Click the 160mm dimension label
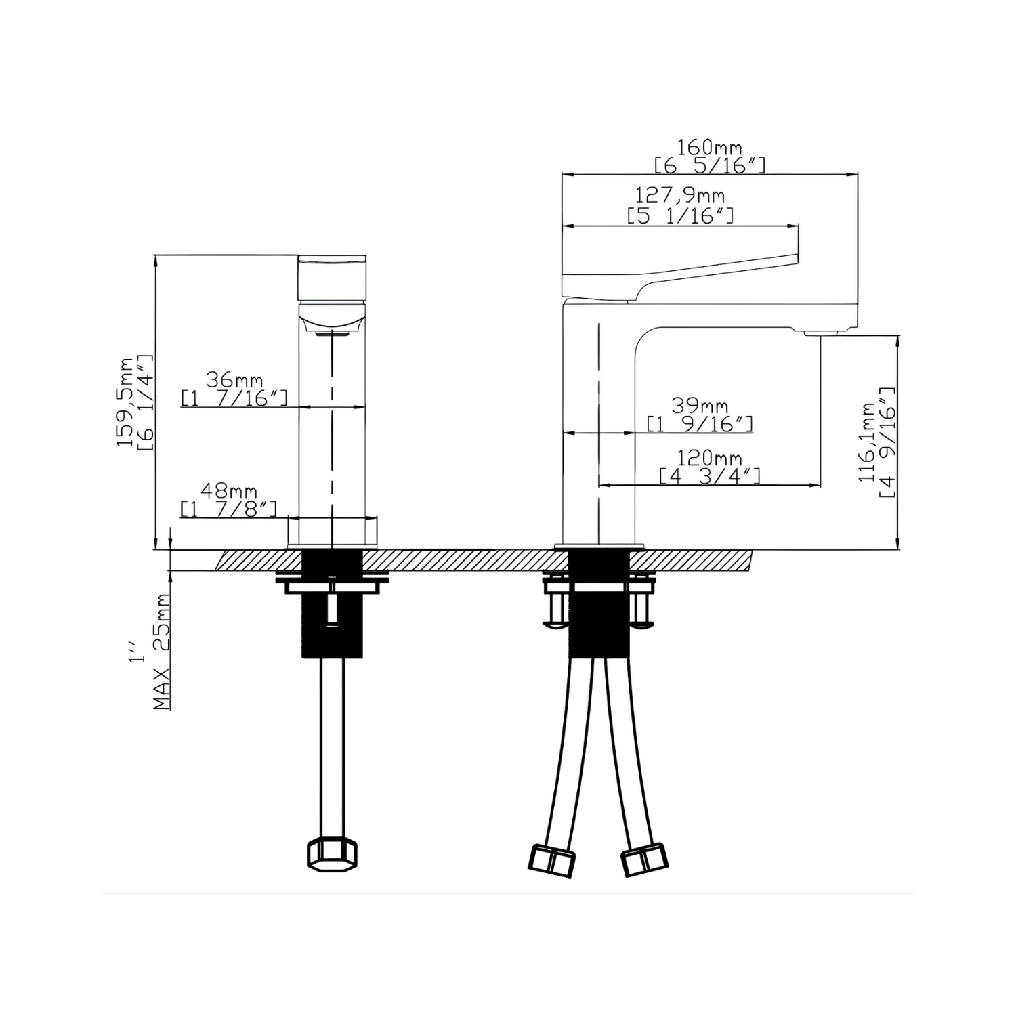click(x=709, y=147)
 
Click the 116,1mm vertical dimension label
click(x=868, y=442)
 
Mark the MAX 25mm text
click(x=161, y=652)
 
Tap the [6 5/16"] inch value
click(x=709, y=165)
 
